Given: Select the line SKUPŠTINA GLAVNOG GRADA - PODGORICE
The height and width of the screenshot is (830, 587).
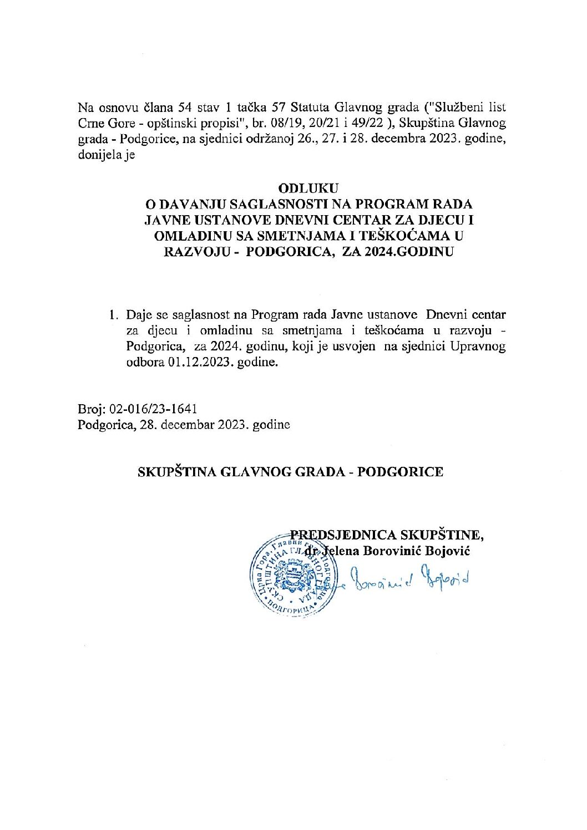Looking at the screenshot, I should point(290,472).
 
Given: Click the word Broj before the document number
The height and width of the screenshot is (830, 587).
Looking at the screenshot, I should point(90,409).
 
